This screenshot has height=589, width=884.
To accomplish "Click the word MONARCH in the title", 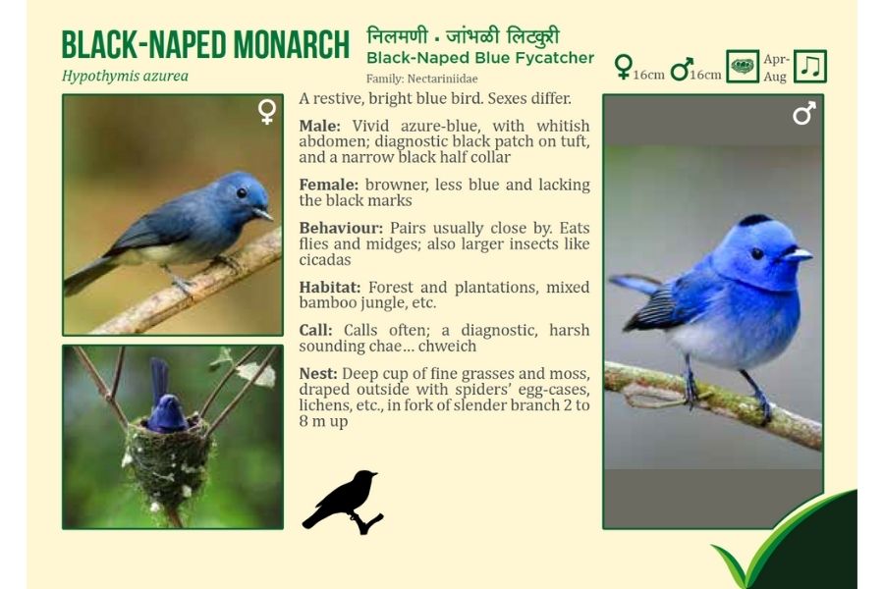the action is (291, 44).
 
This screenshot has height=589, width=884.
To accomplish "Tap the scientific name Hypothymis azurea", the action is (125, 77).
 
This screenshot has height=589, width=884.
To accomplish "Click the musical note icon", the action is (810, 67).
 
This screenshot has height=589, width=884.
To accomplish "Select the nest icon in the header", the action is (742, 67).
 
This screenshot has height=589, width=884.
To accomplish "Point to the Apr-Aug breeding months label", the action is (776, 68).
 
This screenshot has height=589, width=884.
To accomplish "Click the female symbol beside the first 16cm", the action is (623, 67).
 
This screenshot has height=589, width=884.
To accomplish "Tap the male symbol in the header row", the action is (681, 68).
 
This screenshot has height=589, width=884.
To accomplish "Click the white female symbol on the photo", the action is (267, 112).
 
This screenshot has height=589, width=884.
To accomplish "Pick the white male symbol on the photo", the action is (803, 113).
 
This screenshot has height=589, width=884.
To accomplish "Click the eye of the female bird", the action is (242, 192).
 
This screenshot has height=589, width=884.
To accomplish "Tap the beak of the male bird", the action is (798, 255).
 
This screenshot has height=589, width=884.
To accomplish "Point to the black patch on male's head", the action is (754, 220).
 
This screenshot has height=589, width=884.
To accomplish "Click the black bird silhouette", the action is (343, 502).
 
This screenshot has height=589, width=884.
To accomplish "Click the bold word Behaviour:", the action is (341, 229).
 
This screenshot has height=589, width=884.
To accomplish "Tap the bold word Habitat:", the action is (330, 288).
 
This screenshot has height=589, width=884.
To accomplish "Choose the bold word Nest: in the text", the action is (318, 374).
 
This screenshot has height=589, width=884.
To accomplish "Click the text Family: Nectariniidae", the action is (421, 79).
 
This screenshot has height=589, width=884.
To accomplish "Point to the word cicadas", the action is (325, 260).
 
